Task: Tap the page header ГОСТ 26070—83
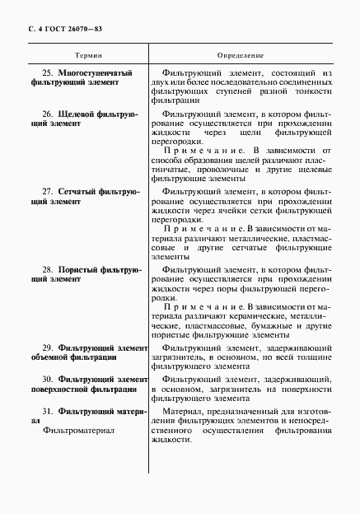pyautogui.click(x=67, y=30)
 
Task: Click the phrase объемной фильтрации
pyautogui.click(x=72, y=359)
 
